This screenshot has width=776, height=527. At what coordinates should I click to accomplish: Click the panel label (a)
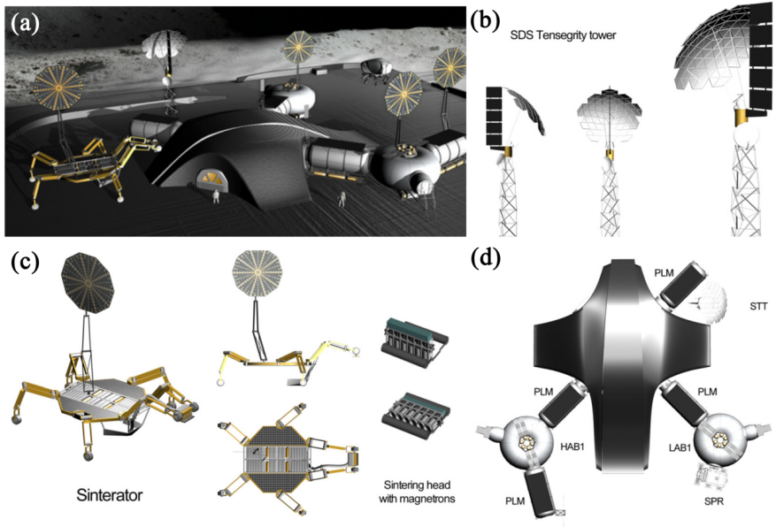click(24, 23)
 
